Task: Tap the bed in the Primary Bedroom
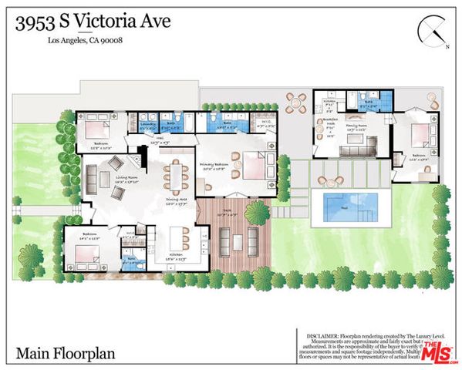coord(251,165)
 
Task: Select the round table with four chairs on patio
coord(294,102)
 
